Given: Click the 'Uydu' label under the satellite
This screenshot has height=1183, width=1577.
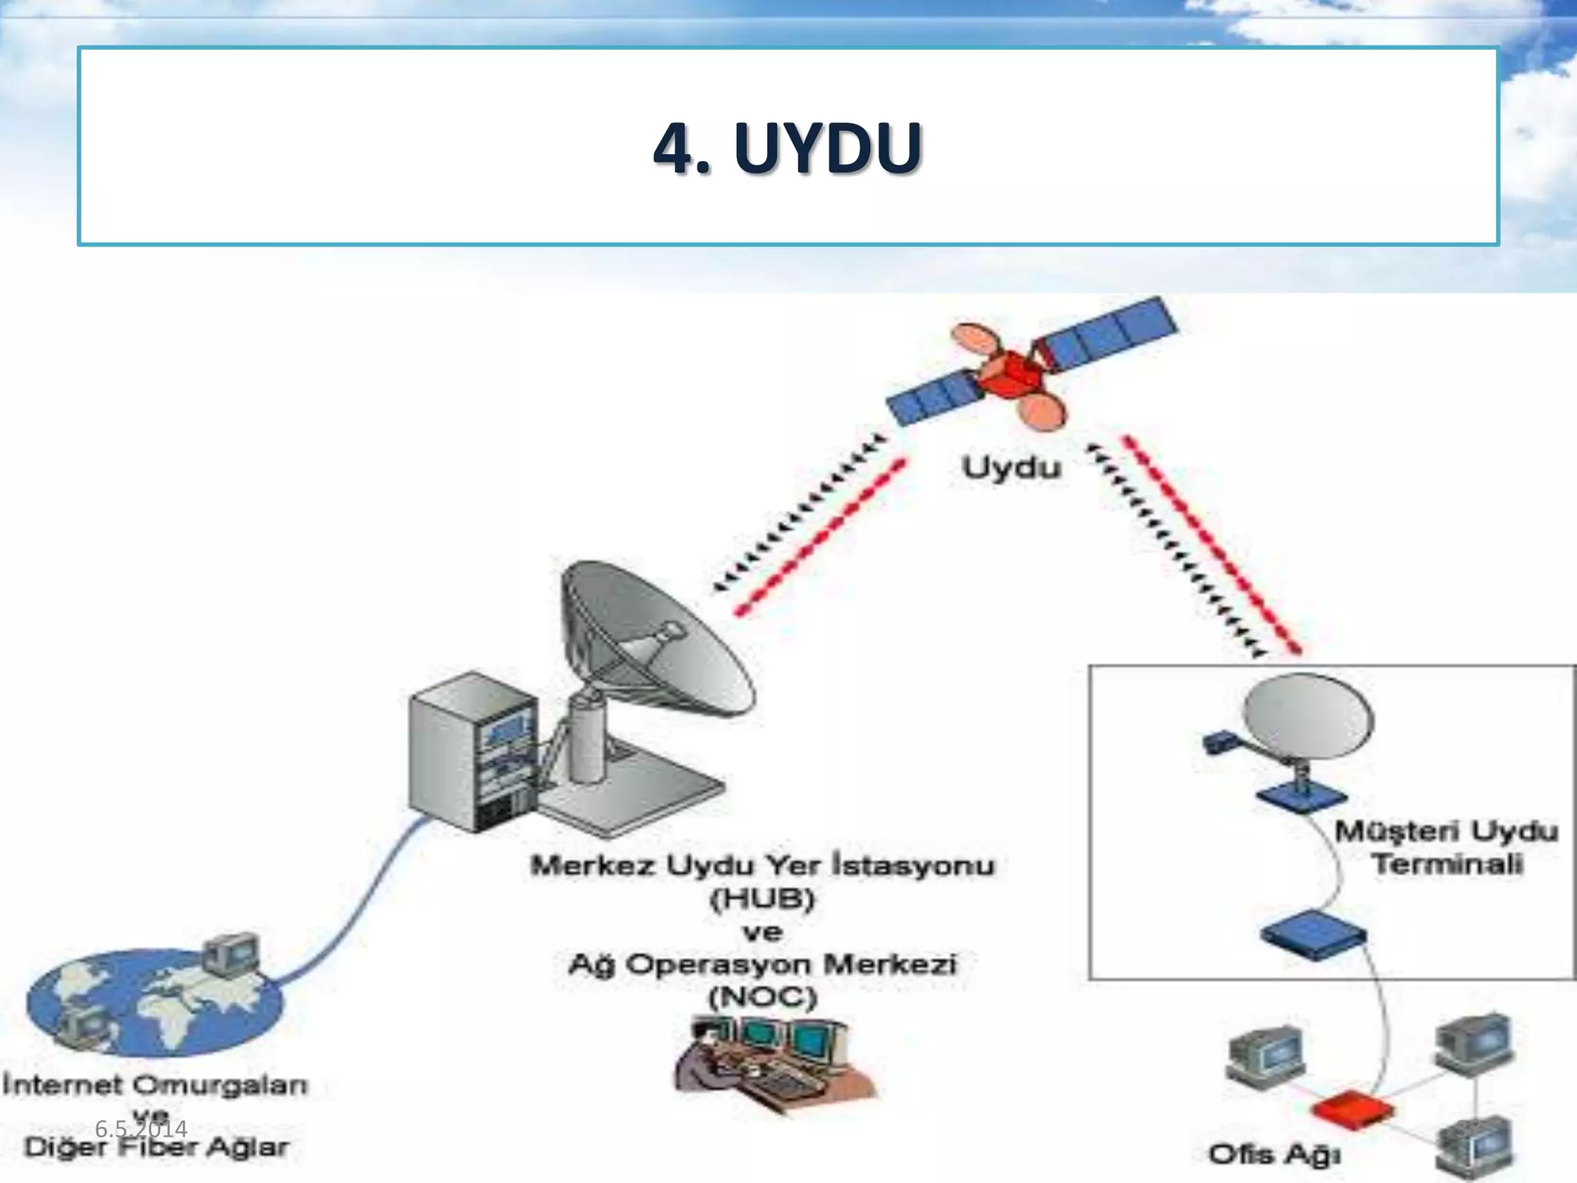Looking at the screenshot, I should pyautogui.click(x=1011, y=468).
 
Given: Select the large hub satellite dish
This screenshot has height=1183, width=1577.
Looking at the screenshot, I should pyautogui.click(x=655, y=639).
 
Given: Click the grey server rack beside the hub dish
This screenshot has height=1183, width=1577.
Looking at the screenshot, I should pyautogui.click(x=471, y=751).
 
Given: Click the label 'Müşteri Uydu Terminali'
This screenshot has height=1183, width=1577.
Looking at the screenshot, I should pyautogui.click(x=1446, y=847).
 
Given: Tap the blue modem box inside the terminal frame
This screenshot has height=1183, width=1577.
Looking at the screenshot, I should pyautogui.click(x=1314, y=933).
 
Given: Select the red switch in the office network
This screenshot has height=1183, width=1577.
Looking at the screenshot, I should pyautogui.click(x=1352, y=1110).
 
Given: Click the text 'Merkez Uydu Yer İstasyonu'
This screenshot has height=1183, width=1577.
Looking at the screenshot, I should pyautogui.click(x=762, y=866).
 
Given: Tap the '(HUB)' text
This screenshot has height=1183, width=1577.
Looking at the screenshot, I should pyautogui.click(x=762, y=899).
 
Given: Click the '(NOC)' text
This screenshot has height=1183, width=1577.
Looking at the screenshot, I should pyautogui.click(x=762, y=998).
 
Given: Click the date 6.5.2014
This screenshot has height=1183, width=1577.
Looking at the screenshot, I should pyautogui.click(x=141, y=1129).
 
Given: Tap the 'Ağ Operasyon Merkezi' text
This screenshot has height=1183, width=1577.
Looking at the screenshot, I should pyautogui.click(x=762, y=964).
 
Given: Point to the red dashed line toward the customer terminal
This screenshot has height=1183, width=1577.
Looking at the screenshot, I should pyautogui.click(x=1213, y=543).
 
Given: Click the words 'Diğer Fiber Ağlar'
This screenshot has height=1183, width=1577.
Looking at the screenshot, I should pyautogui.click(x=156, y=1148).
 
